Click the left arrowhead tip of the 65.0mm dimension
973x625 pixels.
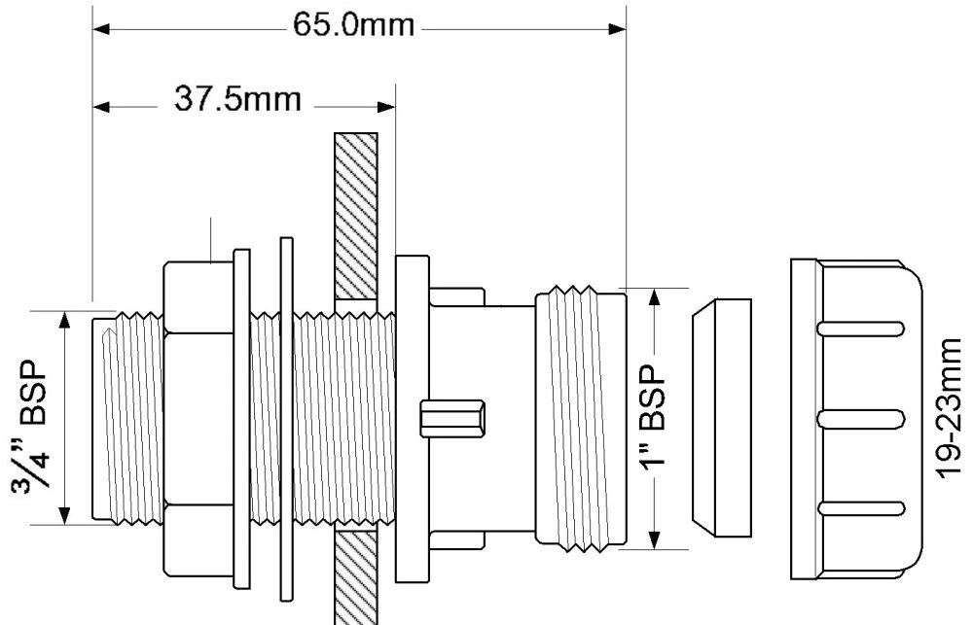point(93,29)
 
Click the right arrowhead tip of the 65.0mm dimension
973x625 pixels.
point(626,29)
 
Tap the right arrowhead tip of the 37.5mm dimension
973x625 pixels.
point(395,107)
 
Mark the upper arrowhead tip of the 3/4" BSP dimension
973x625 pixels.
point(64,312)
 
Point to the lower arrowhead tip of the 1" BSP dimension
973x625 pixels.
point(654,548)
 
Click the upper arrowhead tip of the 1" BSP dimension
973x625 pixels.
point(654,289)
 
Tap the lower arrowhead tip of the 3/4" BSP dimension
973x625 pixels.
point(64,524)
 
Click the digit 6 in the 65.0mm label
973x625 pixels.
point(304,26)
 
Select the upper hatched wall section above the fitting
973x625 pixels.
point(356,216)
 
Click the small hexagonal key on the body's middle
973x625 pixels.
point(452,419)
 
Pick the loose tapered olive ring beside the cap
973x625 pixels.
point(722,418)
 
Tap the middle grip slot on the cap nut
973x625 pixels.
point(861,420)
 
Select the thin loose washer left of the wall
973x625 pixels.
point(286,419)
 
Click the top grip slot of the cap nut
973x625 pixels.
point(861,330)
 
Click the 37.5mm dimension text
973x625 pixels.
point(237,99)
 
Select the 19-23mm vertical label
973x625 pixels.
point(950,409)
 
